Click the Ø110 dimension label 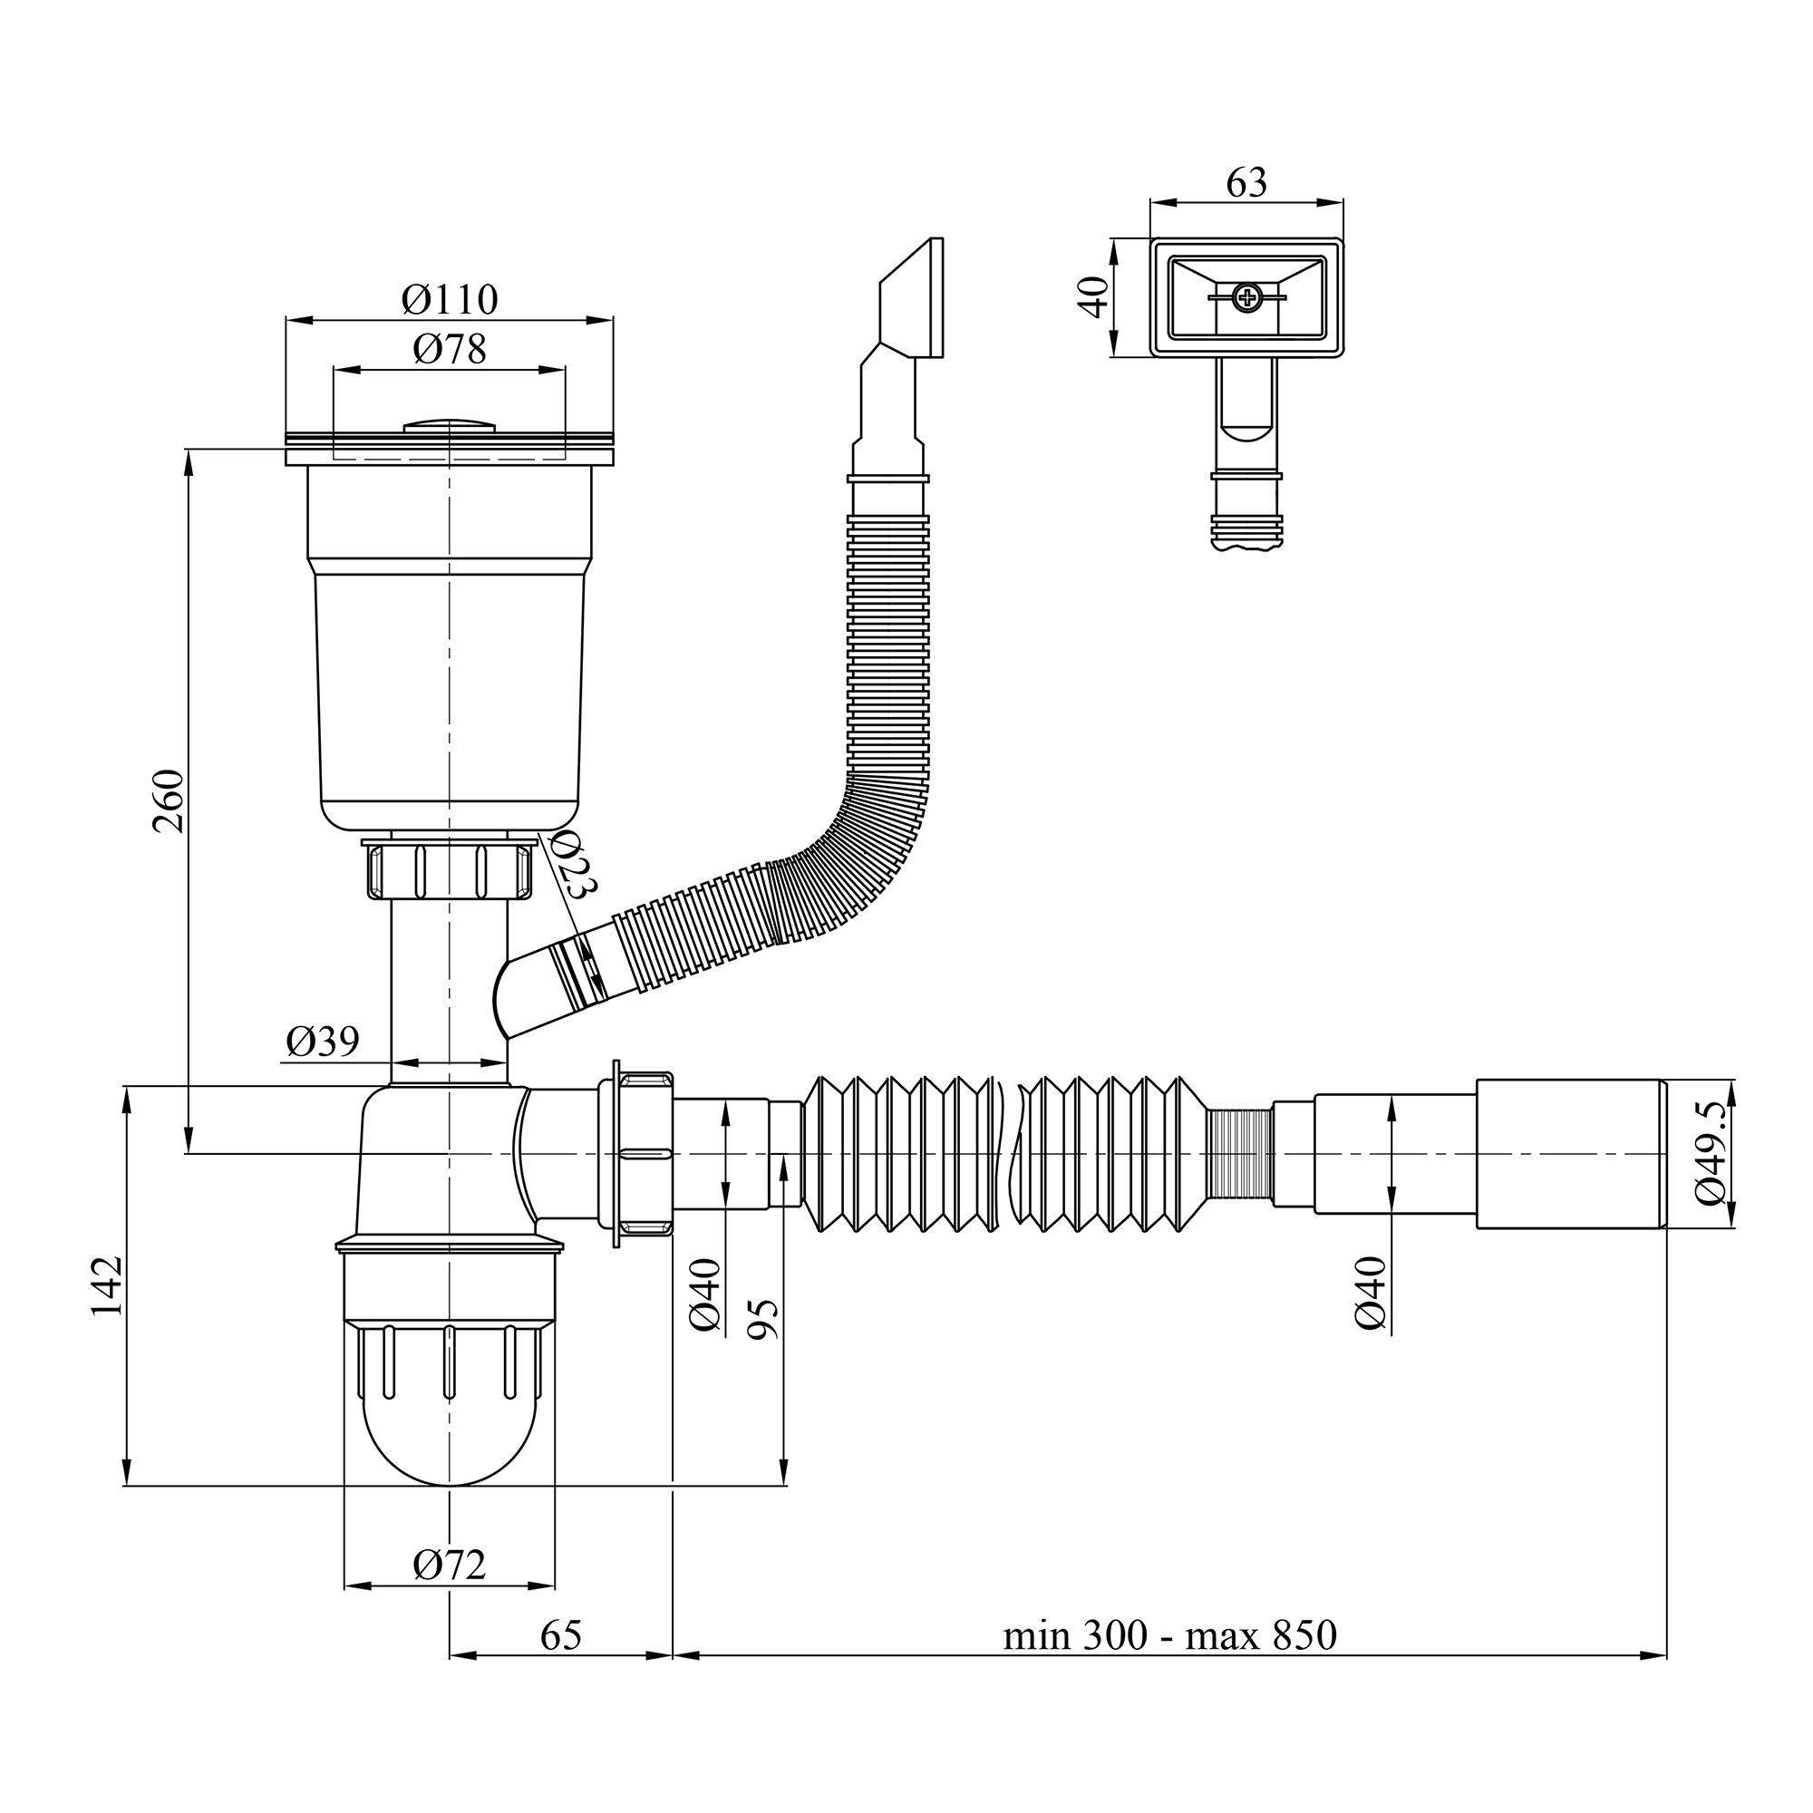450,300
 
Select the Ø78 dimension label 450,350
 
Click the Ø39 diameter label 322,1042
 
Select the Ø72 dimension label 450,1565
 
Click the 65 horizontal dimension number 561,1635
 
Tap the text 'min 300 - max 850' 1169,1635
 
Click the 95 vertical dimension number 765,1318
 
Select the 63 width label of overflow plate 1246,183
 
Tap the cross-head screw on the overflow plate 1247,298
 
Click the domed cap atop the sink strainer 450,426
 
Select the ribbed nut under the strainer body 450,871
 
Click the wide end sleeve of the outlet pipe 1571,1154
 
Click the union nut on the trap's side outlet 644,1153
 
